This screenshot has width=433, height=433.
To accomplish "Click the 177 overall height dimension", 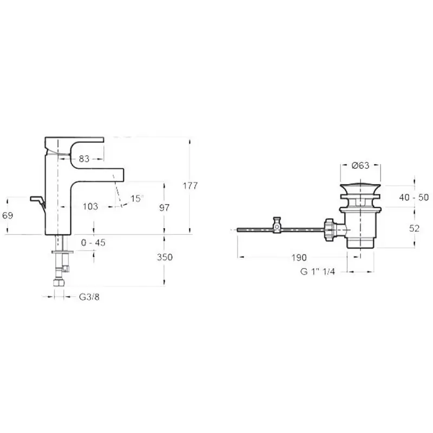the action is coord(191,186).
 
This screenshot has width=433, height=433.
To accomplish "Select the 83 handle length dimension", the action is coord(84,159).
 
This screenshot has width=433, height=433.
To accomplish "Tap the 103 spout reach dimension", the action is coord(90,206).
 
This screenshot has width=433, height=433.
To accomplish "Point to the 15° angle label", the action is coord(137,198).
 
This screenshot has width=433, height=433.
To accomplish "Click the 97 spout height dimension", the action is coord(165,208).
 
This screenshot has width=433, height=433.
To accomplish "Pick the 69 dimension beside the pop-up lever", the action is coord(8,215).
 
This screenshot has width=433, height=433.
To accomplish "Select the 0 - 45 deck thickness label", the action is coord(93,242).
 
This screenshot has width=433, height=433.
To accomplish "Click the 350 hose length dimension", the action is coord(165,257).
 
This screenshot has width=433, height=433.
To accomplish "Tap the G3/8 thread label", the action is coord(89,297).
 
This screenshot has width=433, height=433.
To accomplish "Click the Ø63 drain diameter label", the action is coord(360,166).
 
